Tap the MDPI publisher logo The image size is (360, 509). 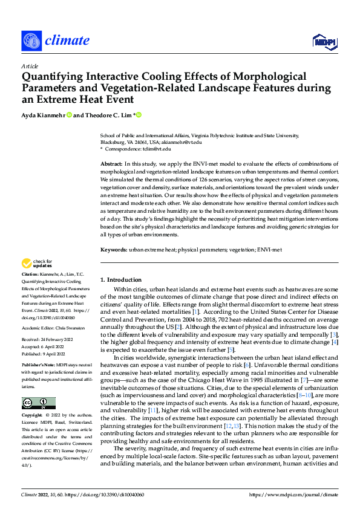tap(326, 41)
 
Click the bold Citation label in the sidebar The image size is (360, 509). tap(31, 274)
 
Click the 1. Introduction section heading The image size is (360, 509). tap(120, 280)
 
